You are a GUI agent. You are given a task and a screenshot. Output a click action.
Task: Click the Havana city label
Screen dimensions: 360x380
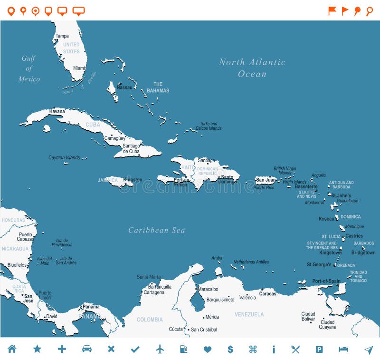pos(57,111)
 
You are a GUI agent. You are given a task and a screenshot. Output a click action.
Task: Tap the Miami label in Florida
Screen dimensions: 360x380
pos(79,68)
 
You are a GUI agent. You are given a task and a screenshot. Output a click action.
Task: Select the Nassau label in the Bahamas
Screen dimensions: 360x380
pos(124,88)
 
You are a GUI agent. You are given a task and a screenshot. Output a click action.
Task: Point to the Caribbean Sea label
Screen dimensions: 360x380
pos(156,230)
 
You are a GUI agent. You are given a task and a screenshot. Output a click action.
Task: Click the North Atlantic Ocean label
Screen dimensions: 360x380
pos(252,68)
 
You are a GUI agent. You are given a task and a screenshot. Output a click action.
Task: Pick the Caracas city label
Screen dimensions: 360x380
pos(267,293)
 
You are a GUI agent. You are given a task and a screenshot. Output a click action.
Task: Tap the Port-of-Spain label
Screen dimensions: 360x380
pos(326,281)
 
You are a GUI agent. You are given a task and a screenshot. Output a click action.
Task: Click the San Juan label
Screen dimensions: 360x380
pos(266,180)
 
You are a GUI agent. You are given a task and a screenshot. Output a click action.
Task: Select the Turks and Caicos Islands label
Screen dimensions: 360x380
pos(209,126)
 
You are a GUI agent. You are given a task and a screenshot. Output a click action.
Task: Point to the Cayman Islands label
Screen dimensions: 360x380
pos(64,157)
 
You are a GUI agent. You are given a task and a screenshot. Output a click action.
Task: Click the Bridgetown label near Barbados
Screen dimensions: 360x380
pos(363,253)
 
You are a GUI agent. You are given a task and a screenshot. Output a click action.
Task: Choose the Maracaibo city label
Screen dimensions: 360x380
pos(208,289)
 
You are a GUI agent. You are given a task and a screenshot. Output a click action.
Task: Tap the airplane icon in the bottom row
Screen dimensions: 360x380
pos(160,349)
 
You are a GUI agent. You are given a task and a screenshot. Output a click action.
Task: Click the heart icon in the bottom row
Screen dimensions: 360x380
pos(207,349)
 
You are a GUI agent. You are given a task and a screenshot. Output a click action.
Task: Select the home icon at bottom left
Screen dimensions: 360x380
pos(12,349)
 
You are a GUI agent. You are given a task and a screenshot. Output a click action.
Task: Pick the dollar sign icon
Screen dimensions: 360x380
pos(230,349)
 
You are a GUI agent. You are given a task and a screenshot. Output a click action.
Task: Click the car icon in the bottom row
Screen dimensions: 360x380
pos(86,349)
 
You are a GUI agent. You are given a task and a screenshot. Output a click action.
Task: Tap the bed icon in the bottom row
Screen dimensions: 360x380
pos(343,349)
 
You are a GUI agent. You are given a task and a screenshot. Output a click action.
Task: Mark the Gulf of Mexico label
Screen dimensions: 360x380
pos(29,68)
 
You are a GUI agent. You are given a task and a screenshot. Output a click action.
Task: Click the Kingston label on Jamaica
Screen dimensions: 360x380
pos(133,180)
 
